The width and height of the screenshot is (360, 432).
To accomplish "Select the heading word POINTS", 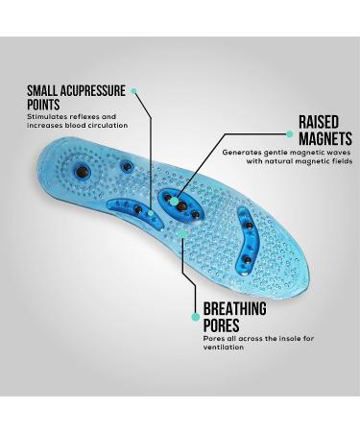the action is [x=43, y=105].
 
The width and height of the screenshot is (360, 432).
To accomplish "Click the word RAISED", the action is [x=319, y=123].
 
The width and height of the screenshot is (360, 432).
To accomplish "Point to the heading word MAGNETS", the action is [x=324, y=138].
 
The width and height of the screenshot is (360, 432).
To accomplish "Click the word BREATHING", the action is [x=234, y=309].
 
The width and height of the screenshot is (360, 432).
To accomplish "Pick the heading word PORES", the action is [x=222, y=325].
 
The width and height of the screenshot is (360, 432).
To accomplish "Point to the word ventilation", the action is [x=224, y=347].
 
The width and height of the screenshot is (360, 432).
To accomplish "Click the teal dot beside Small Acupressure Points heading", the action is [x=134, y=91].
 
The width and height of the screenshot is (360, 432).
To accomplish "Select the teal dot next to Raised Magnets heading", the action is [x=290, y=134].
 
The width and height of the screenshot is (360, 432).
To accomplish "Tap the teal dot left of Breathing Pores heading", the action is [x=196, y=316].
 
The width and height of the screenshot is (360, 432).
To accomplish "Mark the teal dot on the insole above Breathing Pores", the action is [x=183, y=232].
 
